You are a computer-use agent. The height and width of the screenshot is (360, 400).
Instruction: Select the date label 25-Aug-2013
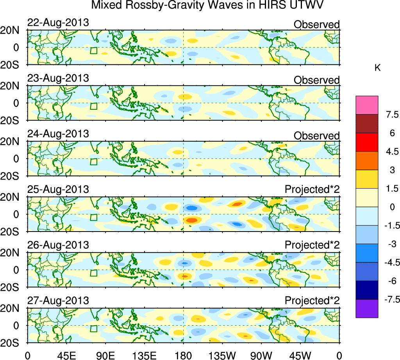point(58,190)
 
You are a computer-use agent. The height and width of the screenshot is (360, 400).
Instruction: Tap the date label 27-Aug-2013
point(58,301)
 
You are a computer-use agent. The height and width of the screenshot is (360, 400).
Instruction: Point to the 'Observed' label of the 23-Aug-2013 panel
point(316,80)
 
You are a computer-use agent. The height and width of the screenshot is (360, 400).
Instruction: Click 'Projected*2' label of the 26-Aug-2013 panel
point(312,245)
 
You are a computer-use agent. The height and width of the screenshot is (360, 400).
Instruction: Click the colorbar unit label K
point(377,68)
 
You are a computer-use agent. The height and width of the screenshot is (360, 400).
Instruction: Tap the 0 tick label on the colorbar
point(386,207)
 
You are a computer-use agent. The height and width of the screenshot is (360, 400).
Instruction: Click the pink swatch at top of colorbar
point(367,105)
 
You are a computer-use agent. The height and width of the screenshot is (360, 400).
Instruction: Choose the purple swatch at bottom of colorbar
point(367,308)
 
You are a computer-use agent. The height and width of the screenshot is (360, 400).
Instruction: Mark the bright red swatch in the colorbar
point(367,142)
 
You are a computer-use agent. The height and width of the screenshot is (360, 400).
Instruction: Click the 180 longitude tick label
point(183,355)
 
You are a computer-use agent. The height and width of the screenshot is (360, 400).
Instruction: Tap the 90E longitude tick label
point(105,355)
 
